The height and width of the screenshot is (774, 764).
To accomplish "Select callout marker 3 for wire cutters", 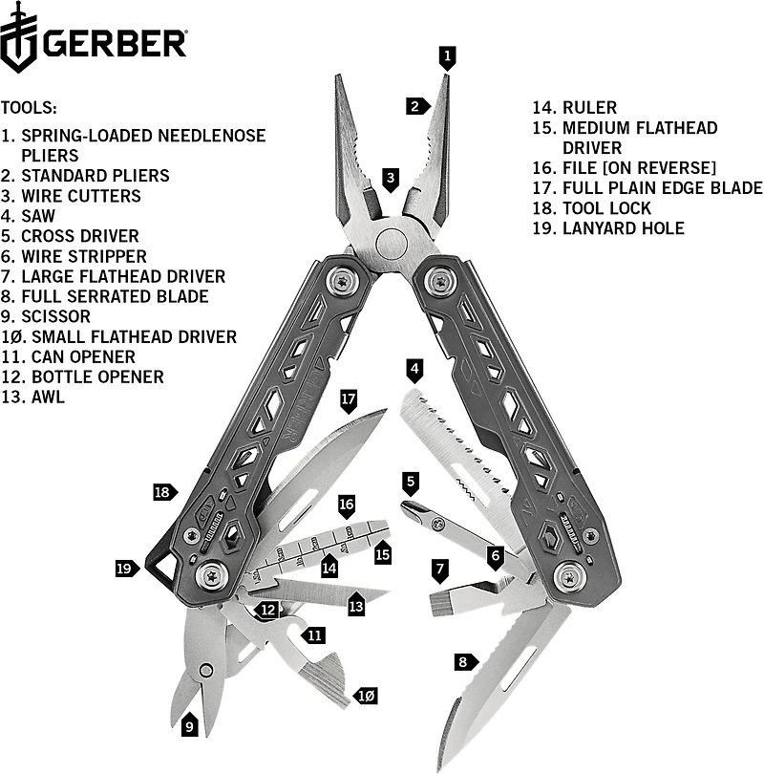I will point(391,178).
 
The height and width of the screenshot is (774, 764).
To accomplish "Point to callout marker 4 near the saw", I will point(414,368).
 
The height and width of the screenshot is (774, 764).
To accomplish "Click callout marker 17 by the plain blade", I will point(348,397).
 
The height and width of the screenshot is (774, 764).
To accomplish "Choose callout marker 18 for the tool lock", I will point(164,492).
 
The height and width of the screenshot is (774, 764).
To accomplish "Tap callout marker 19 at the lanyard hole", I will point(124,569).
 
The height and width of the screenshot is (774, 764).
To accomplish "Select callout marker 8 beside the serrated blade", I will point(463,660).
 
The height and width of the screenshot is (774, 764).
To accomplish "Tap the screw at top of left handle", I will point(342,281).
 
